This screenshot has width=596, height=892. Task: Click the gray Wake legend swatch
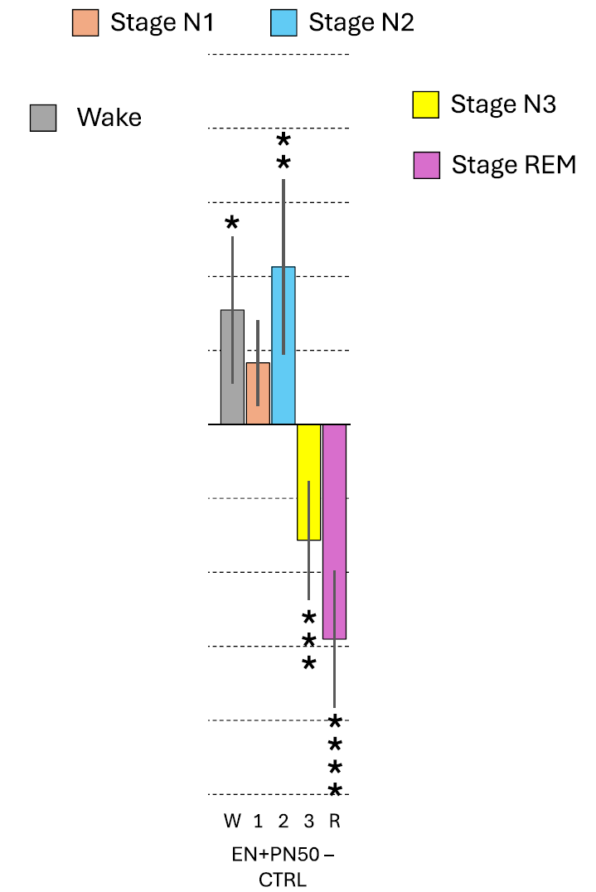coord(43,118)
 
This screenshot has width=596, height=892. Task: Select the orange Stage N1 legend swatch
coord(85,22)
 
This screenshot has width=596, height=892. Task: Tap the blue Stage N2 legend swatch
coord(283,22)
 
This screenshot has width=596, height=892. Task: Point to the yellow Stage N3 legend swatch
coord(425,105)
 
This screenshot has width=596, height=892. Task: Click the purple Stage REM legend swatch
coord(425,165)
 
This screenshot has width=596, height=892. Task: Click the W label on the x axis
coord(232,822)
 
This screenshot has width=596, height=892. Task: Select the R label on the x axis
coord(335,822)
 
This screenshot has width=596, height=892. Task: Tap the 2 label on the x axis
coord(283,822)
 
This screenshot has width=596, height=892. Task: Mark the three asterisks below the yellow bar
coord(308,640)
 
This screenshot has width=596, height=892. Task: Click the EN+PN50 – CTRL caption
coord(283,866)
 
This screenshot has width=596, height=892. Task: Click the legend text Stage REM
coord(513,165)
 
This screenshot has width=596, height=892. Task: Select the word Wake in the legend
coord(109,118)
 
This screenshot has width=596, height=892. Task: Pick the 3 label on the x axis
coord(308,822)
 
